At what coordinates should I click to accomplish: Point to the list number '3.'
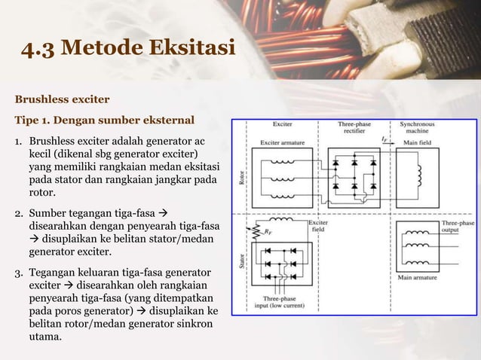20,272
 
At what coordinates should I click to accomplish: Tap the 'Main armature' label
417,277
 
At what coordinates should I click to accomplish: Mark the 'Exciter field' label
318,228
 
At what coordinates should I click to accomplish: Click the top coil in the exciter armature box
282,161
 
